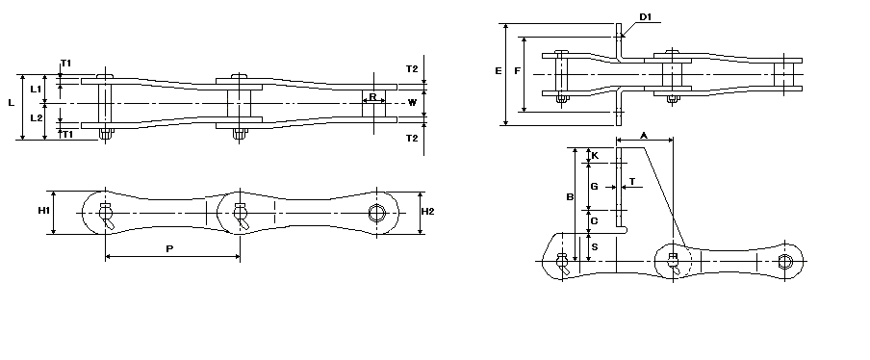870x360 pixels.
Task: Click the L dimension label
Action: tap(12, 103)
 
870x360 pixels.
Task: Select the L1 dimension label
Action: tap(36, 89)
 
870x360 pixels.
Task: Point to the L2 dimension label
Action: tap(36, 117)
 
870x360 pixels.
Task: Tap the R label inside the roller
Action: tap(372, 97)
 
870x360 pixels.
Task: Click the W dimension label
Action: tap(412, 103)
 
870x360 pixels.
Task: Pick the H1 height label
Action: tap(44, 211)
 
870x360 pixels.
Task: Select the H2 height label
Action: tap(428, 212)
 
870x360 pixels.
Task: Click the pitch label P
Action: tap(169, 249)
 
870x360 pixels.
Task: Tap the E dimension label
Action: tap(499, 71)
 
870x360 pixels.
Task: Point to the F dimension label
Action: tap(517, 71)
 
